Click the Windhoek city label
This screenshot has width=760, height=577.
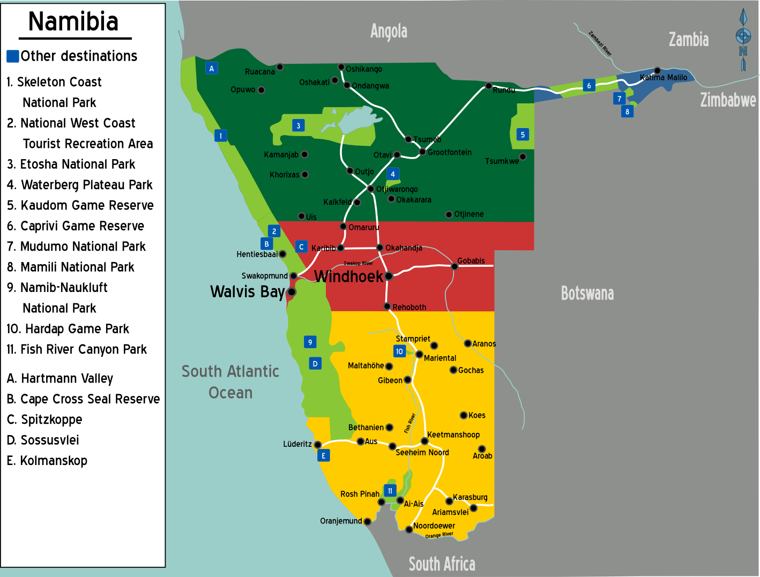click(x=348, y=276)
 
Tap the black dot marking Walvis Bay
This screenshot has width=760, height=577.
click(x=292, y=292)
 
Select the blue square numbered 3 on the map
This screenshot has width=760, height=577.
click(x=299, y=125)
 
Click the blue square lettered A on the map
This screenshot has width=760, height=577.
click(x=212, y=68)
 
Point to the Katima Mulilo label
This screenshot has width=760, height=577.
click(x=664, y=78)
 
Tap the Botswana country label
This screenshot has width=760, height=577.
click(x=587, y=294)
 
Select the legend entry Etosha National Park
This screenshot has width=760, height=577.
click(x=71, y=164)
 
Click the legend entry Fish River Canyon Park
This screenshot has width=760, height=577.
click(x=77, y=350)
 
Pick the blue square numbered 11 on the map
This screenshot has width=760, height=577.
click(x=390, y=491)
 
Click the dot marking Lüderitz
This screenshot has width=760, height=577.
click(x=318, y=445)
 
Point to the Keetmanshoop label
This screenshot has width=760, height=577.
click(x=453, y=434)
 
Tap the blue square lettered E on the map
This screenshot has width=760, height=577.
click(x=323, y=455)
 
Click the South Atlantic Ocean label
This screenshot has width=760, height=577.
click(x=230, y=382)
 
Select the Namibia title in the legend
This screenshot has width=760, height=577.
click(x=73, y=22)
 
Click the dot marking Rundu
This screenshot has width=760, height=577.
click(x=488, y=86)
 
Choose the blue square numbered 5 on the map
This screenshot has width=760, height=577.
click(x=523, y=134)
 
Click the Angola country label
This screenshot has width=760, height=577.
click(x=389, y=31)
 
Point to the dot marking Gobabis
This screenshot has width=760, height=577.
click(x=454, y=266)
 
